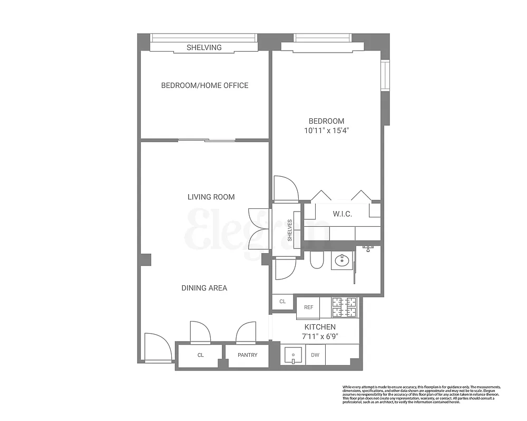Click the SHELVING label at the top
point(204,47)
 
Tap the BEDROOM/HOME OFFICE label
point(204,85)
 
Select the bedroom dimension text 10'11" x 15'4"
point(327,131)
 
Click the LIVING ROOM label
point(211,197)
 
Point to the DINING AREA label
point(204,288)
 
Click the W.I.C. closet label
point(342,214)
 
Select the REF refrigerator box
point(308,307)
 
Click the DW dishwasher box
point(315,355)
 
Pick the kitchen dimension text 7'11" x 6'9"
point(320,336)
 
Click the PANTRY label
point(247,355)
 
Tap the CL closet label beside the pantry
point(200,355)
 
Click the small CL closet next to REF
point(282,302)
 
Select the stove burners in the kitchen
point(344,307)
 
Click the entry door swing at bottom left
point(158,347)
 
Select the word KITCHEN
point(320,327)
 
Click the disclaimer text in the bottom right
point(421,395)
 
